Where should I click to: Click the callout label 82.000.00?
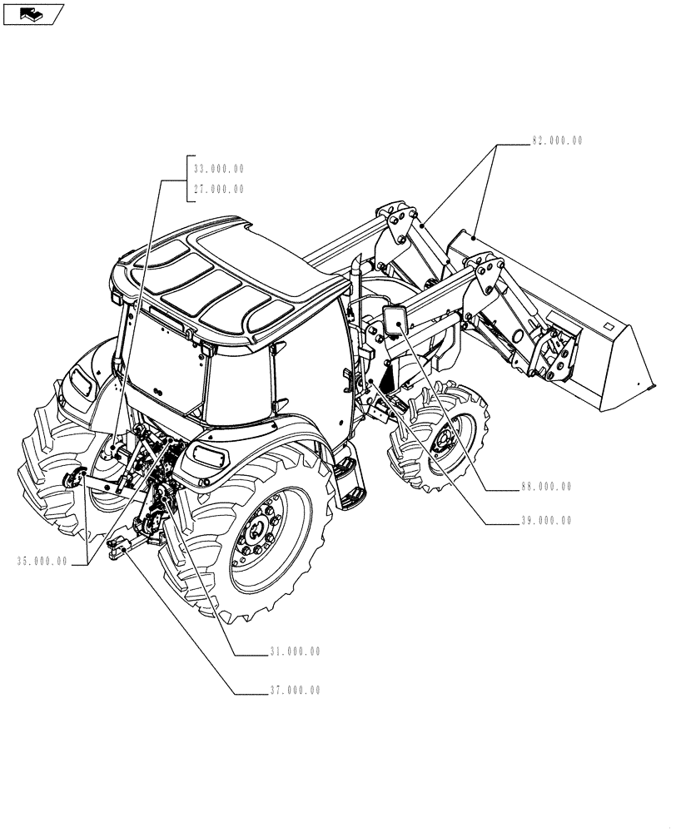(x=557, y=141)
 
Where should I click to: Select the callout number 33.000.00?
(x=218, y=168)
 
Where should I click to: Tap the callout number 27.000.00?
(x=218, y=189)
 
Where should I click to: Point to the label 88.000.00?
(x=545, y=487)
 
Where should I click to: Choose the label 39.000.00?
(x=545, y=521)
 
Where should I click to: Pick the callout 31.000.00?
(x=294, y=651)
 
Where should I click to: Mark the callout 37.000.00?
(x=294, y=691)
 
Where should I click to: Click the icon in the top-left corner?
(x=33, y=13)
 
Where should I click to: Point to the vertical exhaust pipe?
(x=355, y=275)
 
